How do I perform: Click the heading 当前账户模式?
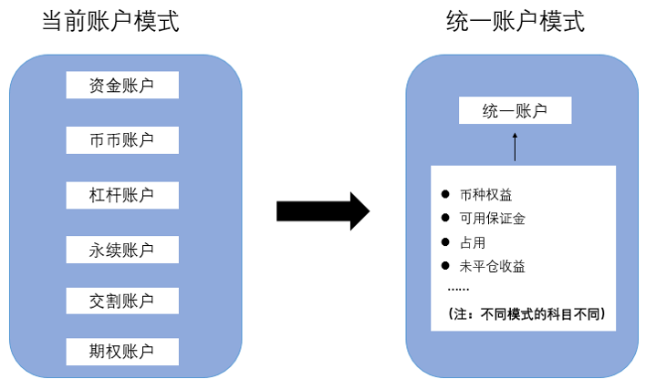point(110,22)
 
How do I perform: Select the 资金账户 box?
point(122,86)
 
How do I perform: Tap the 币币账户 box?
point(122,139)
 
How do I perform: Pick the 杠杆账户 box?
point(122,194)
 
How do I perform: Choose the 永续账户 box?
point(122,249)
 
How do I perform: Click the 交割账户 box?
point(122,300)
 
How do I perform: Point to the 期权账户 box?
point(122,351)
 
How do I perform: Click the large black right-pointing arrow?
point(322,211)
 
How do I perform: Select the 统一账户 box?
point(515,111)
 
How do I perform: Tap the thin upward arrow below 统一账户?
point(515,146)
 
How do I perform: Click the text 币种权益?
point(486,194)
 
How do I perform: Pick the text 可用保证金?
point(493,219)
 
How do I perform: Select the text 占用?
point(474,242)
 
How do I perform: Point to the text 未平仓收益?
point(493,266)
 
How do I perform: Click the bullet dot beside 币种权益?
point(445,194)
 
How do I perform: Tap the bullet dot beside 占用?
point(445,242)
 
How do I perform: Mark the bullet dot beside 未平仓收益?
point(445,266)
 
